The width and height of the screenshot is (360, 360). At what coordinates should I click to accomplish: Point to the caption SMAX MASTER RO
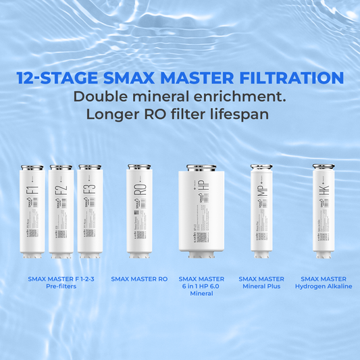coord(139,278)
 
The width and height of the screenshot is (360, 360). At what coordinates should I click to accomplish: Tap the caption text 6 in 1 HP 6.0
coord(201,286)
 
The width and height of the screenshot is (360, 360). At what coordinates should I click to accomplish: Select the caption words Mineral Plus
coord(261,286)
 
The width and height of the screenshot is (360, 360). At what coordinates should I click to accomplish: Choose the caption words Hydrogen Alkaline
coord(324,286)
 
